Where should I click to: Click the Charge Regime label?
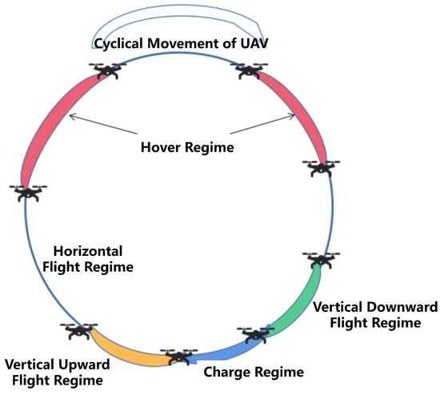coord(254,372)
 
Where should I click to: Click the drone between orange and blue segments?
coord(178,357)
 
